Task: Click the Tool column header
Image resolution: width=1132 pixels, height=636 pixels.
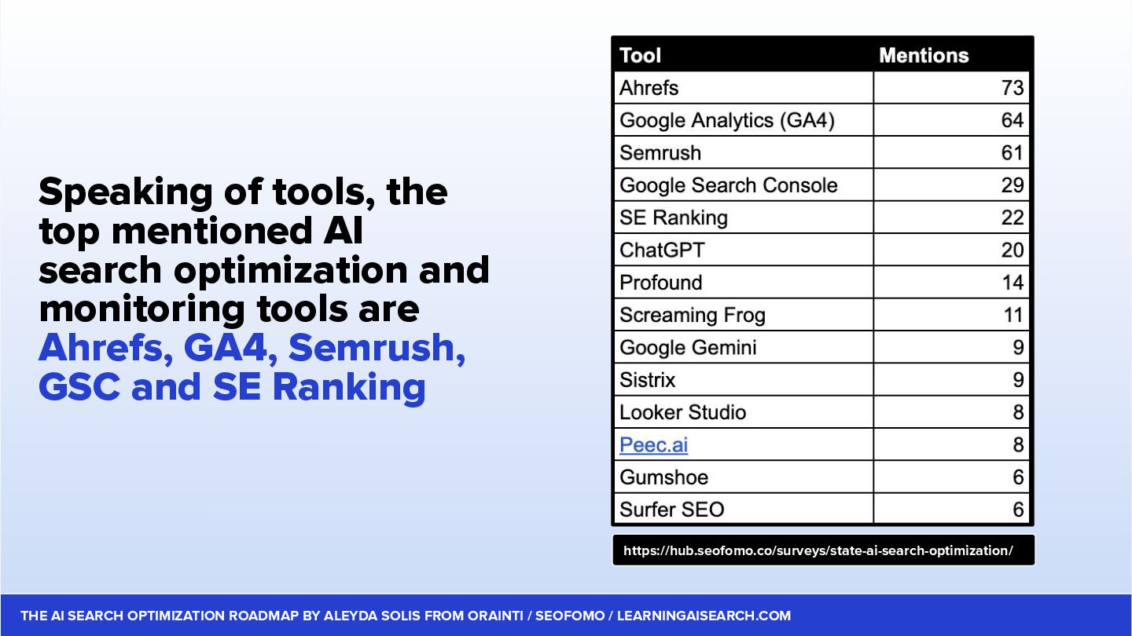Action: click(640, 56)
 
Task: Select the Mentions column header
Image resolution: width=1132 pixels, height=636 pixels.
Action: click(924, 56)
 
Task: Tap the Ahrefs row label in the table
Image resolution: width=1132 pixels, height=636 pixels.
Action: click(649, 88)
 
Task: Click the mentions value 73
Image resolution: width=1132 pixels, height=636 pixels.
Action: click(1013, 88)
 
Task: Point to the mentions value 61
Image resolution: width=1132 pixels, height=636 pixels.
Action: click(1013, 153)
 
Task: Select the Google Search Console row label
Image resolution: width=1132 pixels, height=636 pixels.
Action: click(728, 185)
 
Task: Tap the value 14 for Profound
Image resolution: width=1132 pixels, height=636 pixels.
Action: click(1013, 283)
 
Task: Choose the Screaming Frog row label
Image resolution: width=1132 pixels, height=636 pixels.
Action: click(693, 316)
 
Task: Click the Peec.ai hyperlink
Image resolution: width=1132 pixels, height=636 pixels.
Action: click(653, 444)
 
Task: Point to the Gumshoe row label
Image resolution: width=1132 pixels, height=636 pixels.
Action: click(663, 477)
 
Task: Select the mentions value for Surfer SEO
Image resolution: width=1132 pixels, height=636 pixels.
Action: click(1018, 510)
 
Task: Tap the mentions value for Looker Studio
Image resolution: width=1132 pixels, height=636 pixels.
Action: click(1018, 412)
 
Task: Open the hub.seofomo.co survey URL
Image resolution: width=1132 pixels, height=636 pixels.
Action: click(818, 550)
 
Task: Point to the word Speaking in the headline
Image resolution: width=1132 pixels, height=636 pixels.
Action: click(125, 193)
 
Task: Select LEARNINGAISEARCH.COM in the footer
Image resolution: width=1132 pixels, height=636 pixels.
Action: click(704, 616)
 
